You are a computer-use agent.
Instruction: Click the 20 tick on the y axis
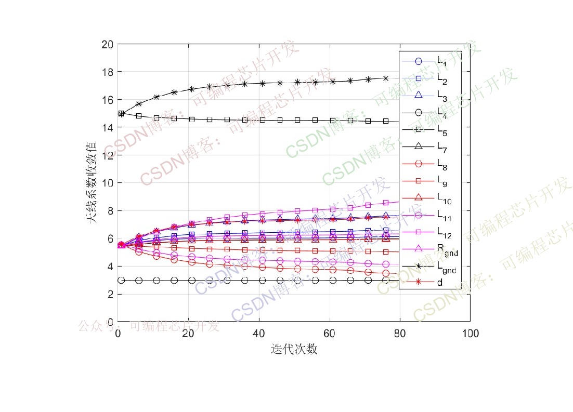coord(108,44)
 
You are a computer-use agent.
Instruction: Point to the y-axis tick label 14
coord(108,127)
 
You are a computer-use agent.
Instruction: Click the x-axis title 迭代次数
coord(294,349)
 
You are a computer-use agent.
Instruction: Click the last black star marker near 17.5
coord(386,78)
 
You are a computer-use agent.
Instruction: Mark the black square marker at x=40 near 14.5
coord(262,120)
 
